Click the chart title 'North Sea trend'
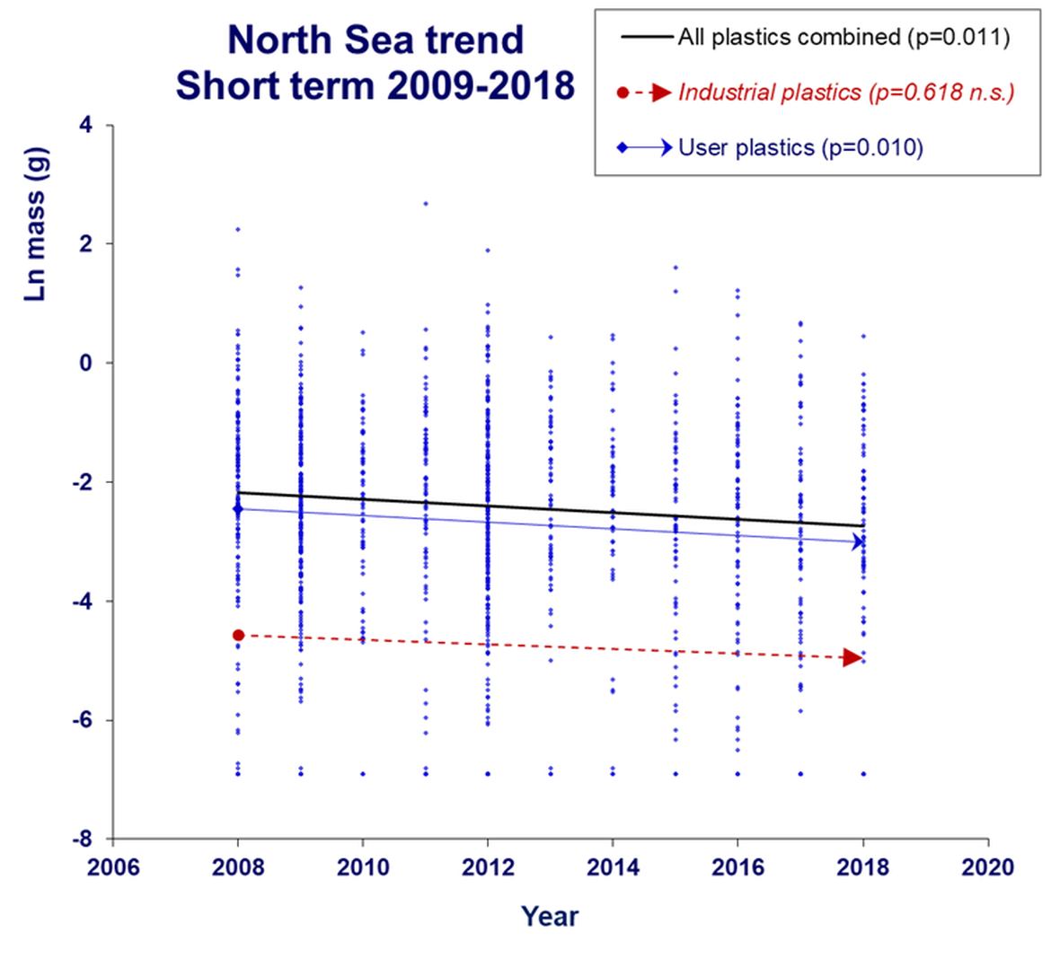click(375, 40)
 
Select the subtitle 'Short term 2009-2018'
click(375, 86)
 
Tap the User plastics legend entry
click(799, 147)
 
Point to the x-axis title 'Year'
click(550, 916)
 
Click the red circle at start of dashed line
click(238, 635)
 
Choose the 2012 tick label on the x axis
click(488, 866)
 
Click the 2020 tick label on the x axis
click(987, 866)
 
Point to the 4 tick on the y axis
click(86, 125)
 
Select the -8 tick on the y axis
click(82, 839)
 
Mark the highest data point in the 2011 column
click(426, 204)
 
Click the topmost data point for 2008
click(238, 229)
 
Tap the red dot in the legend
click(623, 92)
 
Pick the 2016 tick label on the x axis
click(737, 866)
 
